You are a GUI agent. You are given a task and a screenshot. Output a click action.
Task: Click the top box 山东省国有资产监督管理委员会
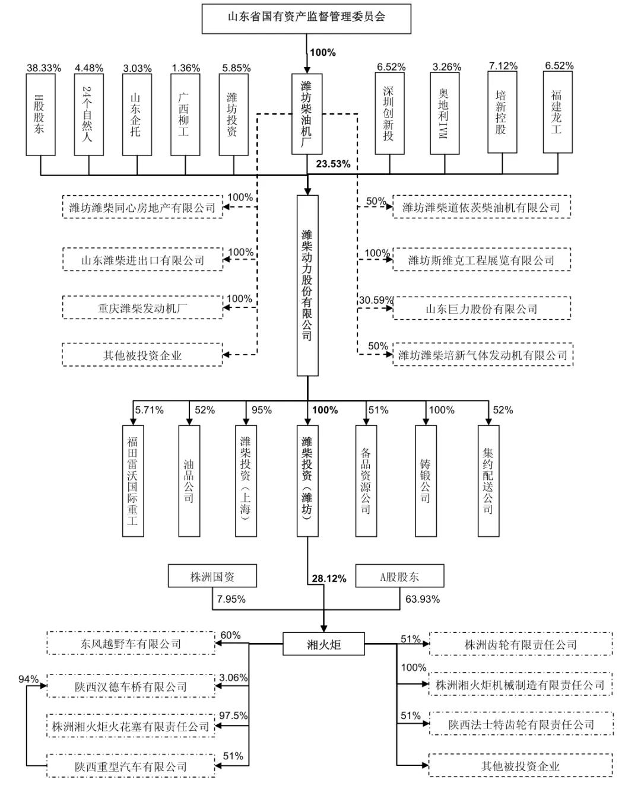[306, 18]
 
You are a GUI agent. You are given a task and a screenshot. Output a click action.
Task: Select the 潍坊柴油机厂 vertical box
[306, 114]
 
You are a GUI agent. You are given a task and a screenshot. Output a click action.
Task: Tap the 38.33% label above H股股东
[43, 68]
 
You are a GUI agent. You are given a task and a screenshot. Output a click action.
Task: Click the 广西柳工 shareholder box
[185, 114]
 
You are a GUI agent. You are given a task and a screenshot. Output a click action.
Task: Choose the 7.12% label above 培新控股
[503, 66]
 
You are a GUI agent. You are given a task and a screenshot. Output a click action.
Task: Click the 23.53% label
[333, 164]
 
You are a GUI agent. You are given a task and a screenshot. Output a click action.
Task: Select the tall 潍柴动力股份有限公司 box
[307, 285]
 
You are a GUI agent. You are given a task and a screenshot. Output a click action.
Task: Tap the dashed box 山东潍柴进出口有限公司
[142, 260]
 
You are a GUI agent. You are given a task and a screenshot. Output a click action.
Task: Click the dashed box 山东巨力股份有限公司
[481, 308]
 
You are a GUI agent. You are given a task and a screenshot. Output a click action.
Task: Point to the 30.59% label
[375, 300]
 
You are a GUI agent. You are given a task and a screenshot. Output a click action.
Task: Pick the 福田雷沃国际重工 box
[133, 480]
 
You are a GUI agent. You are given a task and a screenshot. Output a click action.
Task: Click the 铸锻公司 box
[426, 480]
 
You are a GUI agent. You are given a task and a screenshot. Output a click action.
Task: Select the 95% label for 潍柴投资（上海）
[261, 410]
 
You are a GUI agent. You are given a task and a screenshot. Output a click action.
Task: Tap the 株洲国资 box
[212, 576]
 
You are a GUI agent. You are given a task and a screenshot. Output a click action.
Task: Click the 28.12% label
[329, 578]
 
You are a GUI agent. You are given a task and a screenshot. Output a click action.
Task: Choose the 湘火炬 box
[323, 644]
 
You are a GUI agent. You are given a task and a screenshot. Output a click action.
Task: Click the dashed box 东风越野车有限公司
[131, 644]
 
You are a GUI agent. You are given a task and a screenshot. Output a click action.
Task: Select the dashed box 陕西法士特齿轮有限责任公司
[521, 724]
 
